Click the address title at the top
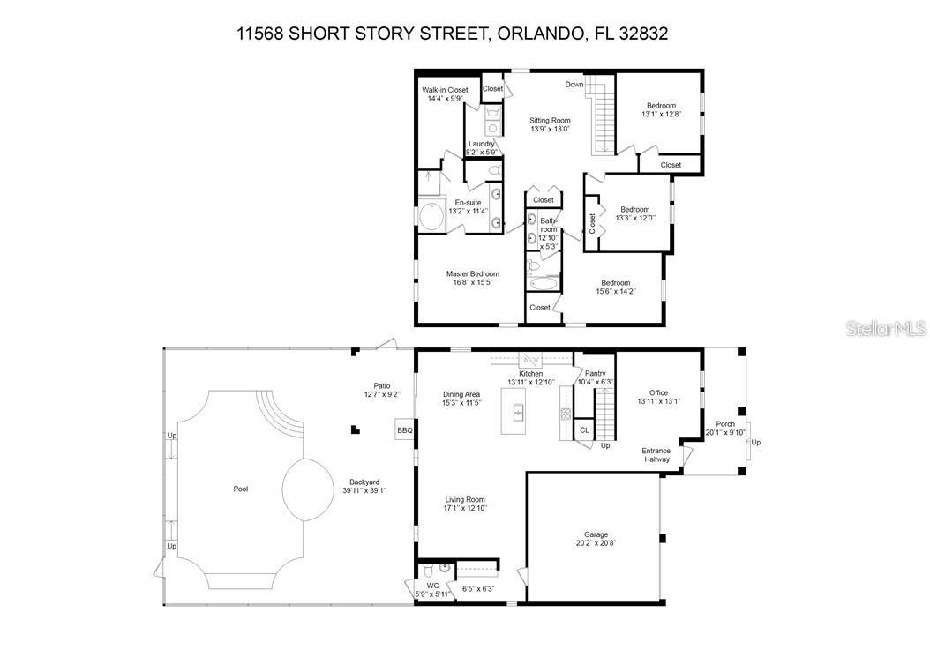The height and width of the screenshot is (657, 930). [452, 34]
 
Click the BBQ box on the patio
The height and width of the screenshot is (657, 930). [405, 430]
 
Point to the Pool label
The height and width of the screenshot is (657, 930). [241, 489]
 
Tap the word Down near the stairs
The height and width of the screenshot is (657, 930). [574, 85]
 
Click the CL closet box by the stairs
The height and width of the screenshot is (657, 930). [583, 430]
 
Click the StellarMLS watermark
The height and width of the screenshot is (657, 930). [886, 328]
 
